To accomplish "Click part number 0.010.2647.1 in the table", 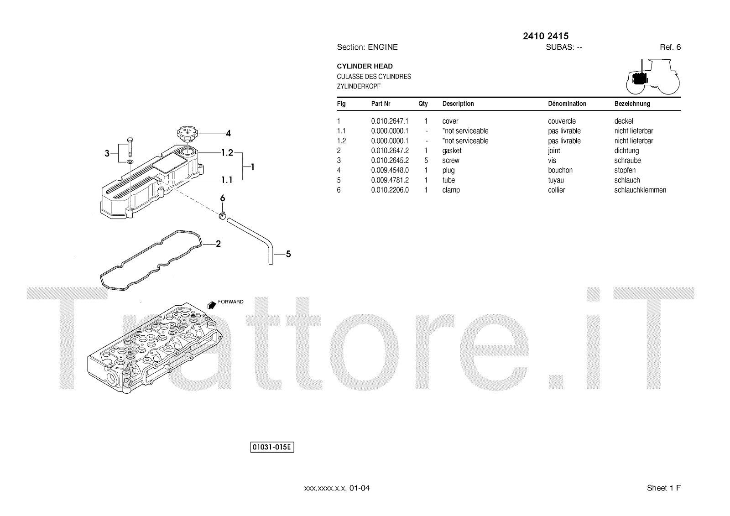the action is (x=390, y=121).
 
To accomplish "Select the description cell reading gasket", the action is (x=452, y=151).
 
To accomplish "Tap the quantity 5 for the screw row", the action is (x=426, y=161).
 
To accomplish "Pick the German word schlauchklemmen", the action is (x=640, y=190).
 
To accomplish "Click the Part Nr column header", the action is (x=381, y=104).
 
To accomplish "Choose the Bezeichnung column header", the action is (x=632, y=104).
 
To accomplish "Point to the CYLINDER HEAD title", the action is (x=365, y=67).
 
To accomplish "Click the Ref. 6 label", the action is (x=670, y=47).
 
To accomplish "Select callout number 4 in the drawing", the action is (x=228, y=134).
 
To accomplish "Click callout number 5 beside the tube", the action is (x=288, y=254).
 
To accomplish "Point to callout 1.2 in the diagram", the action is (x=227, y=153).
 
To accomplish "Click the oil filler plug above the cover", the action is (x=187, y=135).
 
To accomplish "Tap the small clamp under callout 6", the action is (x=223, y=215).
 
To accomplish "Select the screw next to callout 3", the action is (x=130, y=146).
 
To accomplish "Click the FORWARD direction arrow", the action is (x=211, y=305).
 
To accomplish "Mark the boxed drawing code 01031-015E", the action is (x=272, y=447).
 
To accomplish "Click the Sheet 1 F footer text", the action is (x=663, y=488).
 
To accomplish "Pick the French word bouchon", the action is (x=560, y=171).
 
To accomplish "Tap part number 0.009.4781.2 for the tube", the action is (x=390, y=181).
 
